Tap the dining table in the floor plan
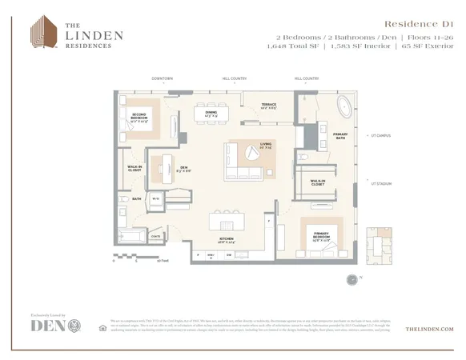(x=211, y=114)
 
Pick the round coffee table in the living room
(x=250, y=156)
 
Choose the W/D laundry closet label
(x=156, y=198)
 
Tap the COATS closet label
(x=156, y=236)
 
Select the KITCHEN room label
(x=227, y=239)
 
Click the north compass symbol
(x=352, y=279)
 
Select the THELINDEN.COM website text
(x=429, y=329)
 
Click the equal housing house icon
(x=102, y=327)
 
